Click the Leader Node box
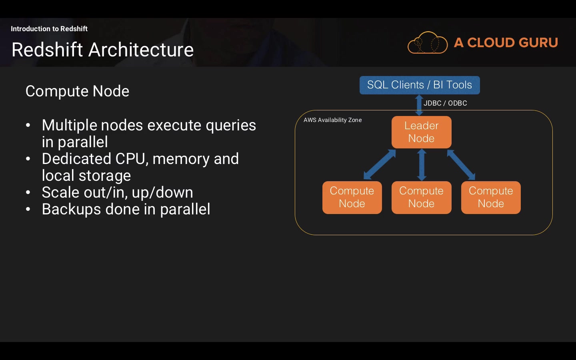[x=422, y=132]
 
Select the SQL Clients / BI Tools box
[x=420, y=85]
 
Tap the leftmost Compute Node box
[x=352, y=198]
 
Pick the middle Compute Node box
[x=422, y=198]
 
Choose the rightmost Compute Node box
[x=491, y=198]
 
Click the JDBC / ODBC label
[x=445, y=103]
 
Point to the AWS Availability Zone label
[x=332, y=120]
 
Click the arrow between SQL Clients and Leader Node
[x=419, y=105]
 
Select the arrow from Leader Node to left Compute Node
[x=380, y=164]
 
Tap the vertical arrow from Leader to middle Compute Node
[x=422, y=165]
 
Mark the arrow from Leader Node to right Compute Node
[x=461, y=164]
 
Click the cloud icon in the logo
[x=427, y=43]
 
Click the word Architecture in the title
[x=141, y=50]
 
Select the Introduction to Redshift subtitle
[x=49, y=28]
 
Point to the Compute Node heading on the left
[x=77, y=91]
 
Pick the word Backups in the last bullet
[x=71, y=209]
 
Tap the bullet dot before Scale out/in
[x=28, y=193]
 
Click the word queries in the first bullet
[x=231, y=126]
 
